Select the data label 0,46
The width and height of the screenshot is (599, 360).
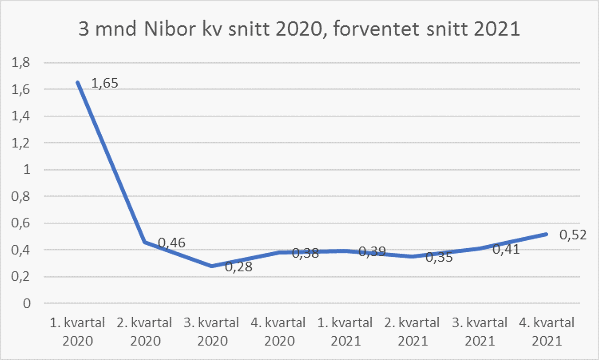172,243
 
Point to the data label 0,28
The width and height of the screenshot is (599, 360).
239,267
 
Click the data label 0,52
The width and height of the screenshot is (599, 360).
572,234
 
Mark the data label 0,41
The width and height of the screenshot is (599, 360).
506,249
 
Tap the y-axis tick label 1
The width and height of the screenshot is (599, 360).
26,170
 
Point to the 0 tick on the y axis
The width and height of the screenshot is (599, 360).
26,303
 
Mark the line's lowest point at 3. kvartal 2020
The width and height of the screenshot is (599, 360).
212,266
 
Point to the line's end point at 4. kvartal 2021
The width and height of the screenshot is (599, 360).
546,234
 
